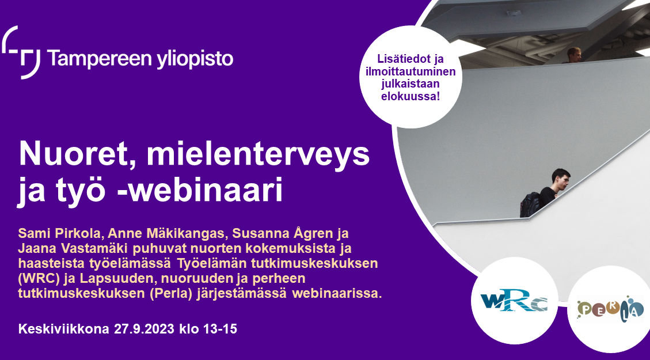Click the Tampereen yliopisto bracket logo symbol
pyautogui.click(x=21, y=52)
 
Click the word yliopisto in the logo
pyautogui.click(x=195, y=59)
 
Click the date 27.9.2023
pyautogui.click(x=144, y=329)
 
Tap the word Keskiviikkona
pyautogui.click(x=64, y=329)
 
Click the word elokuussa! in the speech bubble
pyautogui.click(x=410, y=96)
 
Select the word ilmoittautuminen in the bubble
pyautogui.click(x=410, y=71)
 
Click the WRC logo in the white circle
pyautogui.click(x=514, y=301)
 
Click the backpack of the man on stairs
pyautogui.click(x=530, y=204)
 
